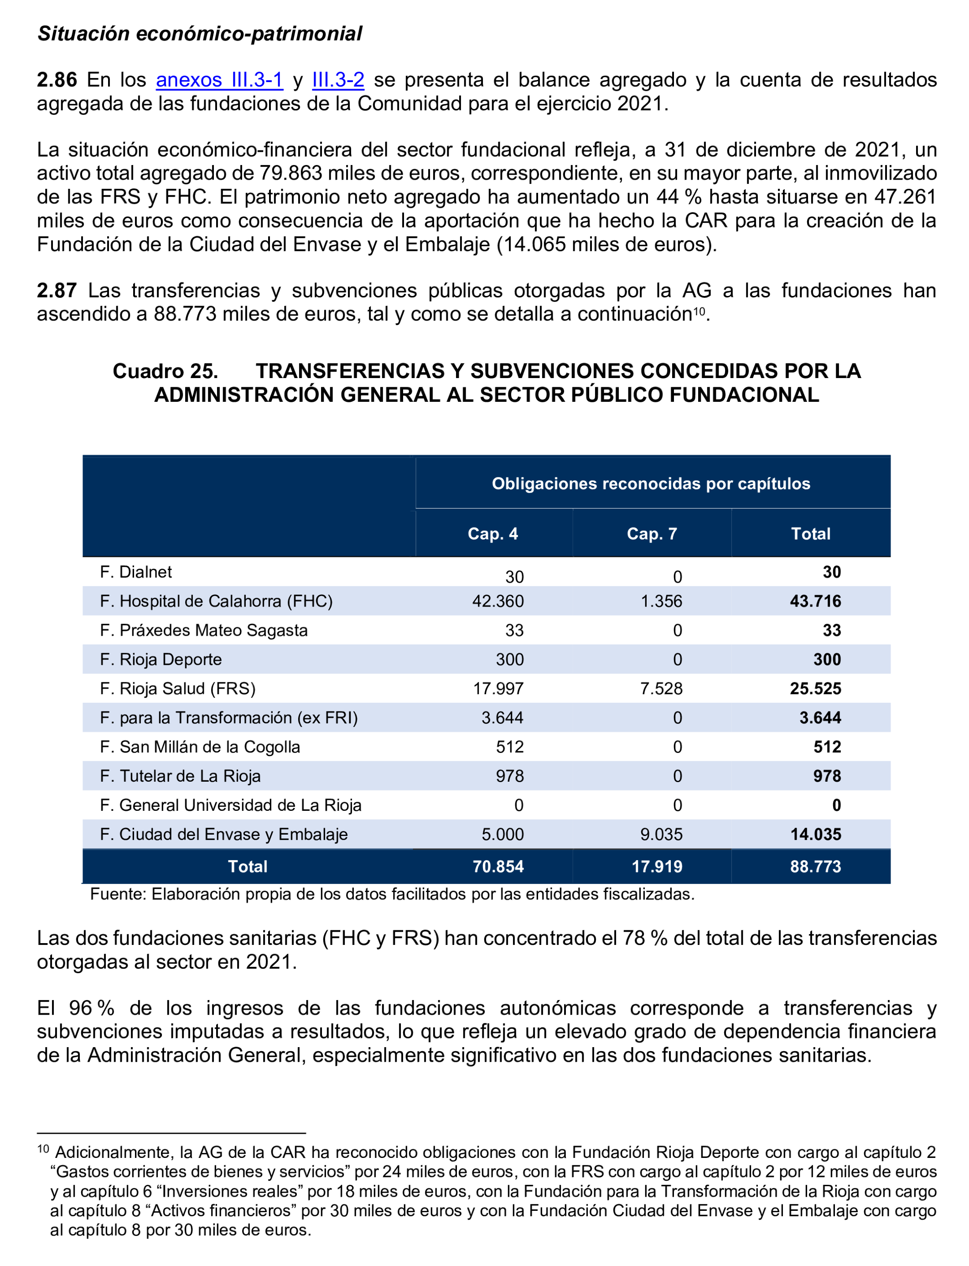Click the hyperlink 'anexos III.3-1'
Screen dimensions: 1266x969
pos(219,80)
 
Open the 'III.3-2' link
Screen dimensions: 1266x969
pos(338,80)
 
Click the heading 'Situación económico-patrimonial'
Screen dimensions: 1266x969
pos(200,33)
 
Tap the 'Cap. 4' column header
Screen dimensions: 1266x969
pos(492,534)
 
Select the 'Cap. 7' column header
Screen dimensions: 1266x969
pos(652,534)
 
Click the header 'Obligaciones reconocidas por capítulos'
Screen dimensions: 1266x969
pos(651,483)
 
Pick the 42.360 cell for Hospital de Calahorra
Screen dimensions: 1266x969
pos(498,601)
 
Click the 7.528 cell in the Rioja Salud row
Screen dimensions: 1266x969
pos(661,688)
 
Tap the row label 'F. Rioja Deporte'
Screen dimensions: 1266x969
pos(161,659)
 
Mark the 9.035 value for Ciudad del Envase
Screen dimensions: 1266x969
pos(661,834)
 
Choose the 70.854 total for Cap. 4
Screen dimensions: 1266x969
pos(498,866)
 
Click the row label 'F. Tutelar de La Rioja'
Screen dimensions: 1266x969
pos(180,776)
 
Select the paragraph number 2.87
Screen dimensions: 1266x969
pos(57,290)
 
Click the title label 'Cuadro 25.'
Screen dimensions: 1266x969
pos(165,371)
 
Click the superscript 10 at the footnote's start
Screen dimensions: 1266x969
pos(43,1148)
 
